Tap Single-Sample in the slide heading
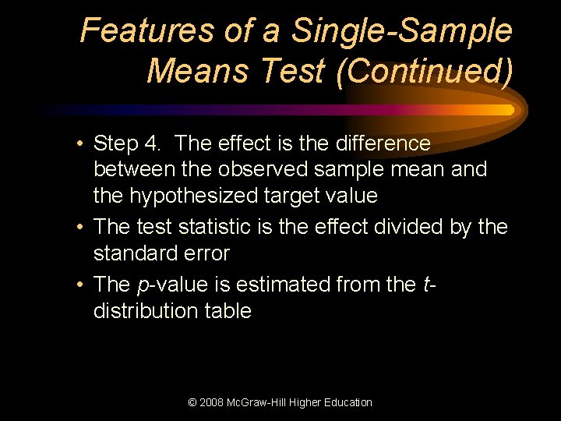click(401, 31)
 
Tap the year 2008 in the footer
click(213, 402)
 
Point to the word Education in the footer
click(346, 402)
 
